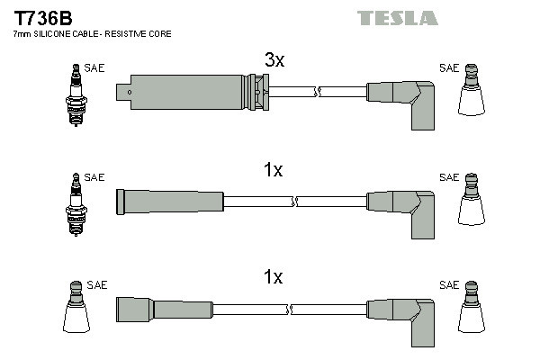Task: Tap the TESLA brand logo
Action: click(397, 18)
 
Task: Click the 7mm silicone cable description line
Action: click(91, 34)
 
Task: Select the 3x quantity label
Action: click(274, 60)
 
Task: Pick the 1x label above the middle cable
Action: click(274, 170)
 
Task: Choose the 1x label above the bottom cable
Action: click(274, 278)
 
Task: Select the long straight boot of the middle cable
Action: click(170, 200)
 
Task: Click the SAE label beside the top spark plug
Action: click(94, 67)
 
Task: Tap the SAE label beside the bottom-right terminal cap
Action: click(448, 284)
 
